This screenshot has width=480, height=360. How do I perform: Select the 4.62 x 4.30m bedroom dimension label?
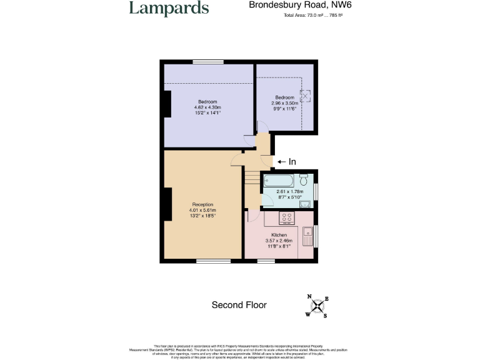pos(208,107)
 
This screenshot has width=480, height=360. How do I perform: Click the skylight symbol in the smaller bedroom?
pos(306,96)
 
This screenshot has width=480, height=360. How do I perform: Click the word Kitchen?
pos(279,236)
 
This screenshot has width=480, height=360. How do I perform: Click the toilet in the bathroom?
pos(304,177)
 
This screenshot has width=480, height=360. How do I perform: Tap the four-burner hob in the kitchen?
pos(287,217)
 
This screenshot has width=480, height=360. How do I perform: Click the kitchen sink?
pos(307,236)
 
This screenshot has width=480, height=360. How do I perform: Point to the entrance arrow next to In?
pos(281,161)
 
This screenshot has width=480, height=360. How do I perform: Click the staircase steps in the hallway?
pos(251,181)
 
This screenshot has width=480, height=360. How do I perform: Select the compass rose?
pos(317,306)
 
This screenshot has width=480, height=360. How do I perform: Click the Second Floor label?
pos(239,305)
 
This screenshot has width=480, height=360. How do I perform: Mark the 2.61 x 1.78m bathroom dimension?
pos(289,192)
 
